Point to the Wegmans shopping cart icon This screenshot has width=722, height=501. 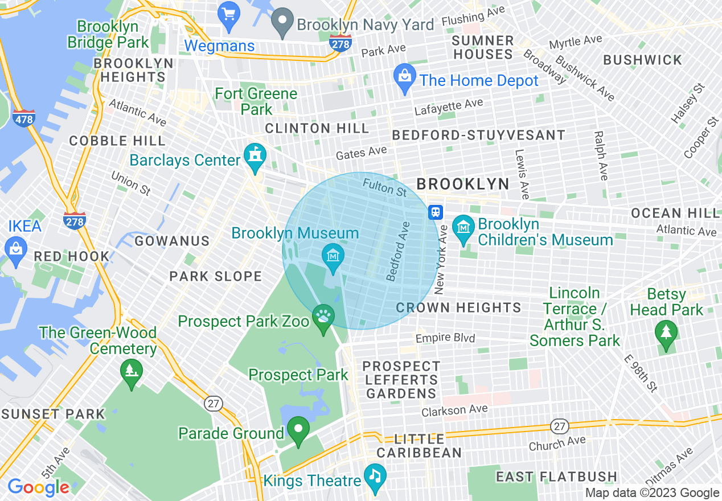tap(229, 15)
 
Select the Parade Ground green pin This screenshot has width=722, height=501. tap(298, 430)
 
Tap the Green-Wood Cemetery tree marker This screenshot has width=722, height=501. tap(132, 373)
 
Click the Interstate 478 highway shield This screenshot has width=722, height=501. tap(24, 118)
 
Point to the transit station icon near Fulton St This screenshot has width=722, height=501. tap(436, 212)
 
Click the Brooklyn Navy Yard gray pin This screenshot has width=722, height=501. tap(281, 22)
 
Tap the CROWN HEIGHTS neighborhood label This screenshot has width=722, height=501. tap(458, 308)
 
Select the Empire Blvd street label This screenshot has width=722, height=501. tap(445, 338)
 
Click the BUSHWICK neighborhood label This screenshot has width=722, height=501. tap(642, 60)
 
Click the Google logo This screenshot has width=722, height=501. tap(39, 487)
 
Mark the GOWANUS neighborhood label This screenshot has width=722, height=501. tap(172, 241)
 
